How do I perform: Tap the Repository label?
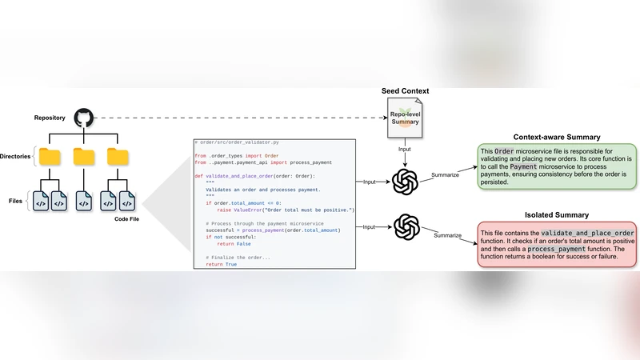[x=50, y=118]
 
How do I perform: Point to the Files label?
[x=15, y=202]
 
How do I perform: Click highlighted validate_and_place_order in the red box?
[x=582, y=232]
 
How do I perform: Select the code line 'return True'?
[x=221, y=264]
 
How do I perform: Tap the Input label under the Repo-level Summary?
[x=406, y=150]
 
